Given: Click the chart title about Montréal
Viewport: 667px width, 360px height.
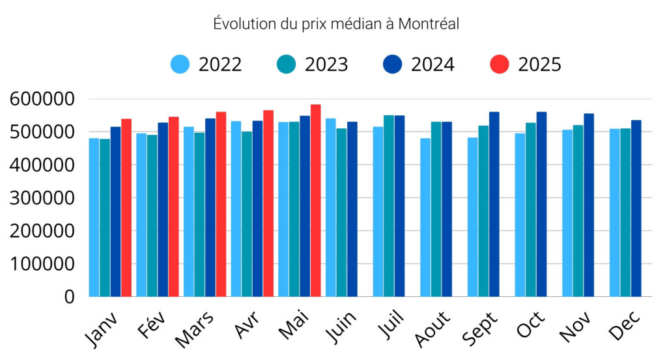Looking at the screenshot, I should point(336,24).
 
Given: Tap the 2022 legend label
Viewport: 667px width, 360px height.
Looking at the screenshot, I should point(220,64).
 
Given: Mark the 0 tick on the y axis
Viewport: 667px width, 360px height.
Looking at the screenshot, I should point(68,297).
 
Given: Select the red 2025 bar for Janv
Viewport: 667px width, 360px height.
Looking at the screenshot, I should point(126,208).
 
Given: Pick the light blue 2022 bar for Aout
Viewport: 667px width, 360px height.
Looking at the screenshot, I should point(426,217).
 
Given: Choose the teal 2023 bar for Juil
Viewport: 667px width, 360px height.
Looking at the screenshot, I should point(389,206).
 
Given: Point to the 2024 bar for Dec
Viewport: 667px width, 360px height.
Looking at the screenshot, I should point(636,208).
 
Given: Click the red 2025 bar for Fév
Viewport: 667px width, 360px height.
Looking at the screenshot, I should point(173,207).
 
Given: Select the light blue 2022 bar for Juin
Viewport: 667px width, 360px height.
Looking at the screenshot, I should point(331,208).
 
